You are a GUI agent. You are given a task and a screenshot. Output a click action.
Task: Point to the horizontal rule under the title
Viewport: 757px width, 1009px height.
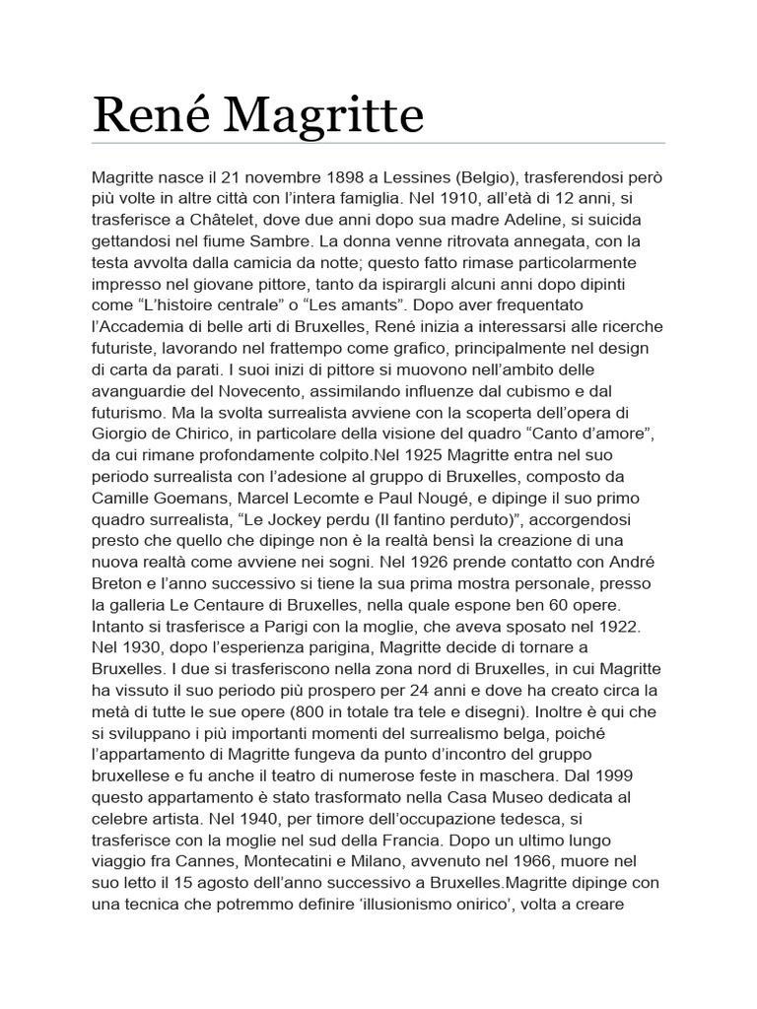coord(378,144)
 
